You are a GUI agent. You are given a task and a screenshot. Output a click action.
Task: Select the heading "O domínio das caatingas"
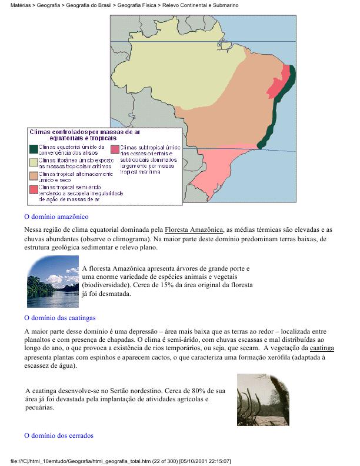(x=59, y=318)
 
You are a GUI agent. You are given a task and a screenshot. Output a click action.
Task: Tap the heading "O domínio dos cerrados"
(x=58, y=436)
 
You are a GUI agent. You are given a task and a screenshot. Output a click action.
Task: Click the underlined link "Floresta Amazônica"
(x=194, y=229)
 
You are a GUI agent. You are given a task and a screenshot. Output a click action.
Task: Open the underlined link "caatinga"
(x=322, y=348)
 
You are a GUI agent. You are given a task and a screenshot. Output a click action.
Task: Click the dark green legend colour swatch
(x=34, y=148)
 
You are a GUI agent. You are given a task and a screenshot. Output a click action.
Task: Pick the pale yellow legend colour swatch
(x=34, y=161)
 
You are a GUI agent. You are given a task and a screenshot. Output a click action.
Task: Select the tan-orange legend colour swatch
(x=34, y=175)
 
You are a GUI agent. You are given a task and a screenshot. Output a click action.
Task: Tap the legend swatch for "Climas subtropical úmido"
(x=115, y=148)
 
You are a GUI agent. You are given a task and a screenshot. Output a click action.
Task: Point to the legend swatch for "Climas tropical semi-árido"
(x=34, y=189)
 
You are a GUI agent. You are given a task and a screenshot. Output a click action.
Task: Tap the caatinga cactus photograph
(x=263, y=400)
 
